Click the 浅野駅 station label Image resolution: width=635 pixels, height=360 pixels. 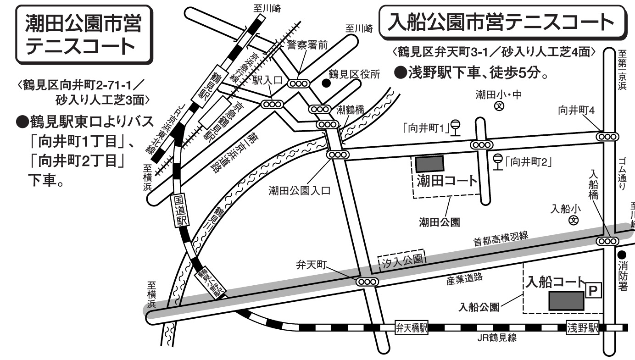(x=583, y=327)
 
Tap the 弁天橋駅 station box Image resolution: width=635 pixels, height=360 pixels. (x=412, y=327)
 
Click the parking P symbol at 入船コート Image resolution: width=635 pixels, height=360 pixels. (x=593, y=290)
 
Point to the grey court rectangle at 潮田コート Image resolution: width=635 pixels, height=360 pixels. (x=429, y=164)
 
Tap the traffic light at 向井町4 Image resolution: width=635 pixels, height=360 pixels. (x=607, y=136)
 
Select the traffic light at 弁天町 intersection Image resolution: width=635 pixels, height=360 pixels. (x=367, y=282)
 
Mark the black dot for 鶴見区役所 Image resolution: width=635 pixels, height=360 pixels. (x=326, y=83)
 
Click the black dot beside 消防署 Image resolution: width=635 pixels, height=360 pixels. (x=623, y=254)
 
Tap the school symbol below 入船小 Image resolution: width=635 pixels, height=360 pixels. (x=573, y=221)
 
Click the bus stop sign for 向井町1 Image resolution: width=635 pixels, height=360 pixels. (x=456, y=126)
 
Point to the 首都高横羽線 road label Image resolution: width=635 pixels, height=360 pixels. (x=501, y=239)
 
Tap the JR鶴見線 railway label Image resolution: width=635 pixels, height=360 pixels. (x=497, y=339)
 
